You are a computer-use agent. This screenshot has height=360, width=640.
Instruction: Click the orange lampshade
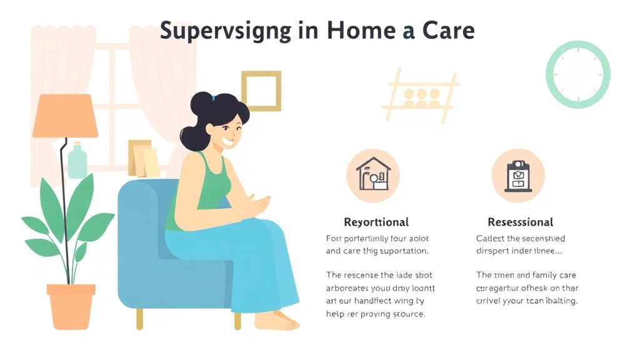tap(65, 116)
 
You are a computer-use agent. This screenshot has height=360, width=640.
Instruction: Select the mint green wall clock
tap(577, 75)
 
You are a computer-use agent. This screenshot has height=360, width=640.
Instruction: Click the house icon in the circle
tap(373, 174)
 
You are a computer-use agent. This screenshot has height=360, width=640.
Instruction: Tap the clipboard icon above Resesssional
tap(517, 175)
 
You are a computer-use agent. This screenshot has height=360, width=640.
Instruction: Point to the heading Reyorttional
tap(376, 222)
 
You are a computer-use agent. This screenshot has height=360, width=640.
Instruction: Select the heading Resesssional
tap(520, 222)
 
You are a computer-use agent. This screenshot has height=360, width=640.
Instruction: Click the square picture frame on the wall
tap(261, 91)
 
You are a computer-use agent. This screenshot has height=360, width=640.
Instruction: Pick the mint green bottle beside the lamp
tap(77, 161)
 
